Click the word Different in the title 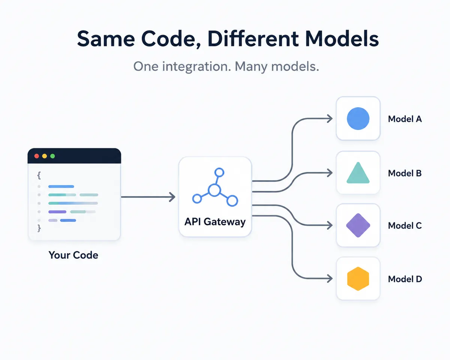(253, 39)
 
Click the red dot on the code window (37, 156)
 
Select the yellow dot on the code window (45, 156)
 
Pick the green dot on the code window (52, 156)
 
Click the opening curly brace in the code (39, 175)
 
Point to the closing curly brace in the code (39, 228)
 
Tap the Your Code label (73, 255)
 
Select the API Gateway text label (215, 222)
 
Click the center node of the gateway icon (214, 190)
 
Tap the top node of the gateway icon (219, 172)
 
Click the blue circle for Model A (358, 118)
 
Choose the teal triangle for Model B (358, 173)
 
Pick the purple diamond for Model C (358, 225)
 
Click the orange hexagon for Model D (358, 279)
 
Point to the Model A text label (405, 119)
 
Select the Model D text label (405, 279)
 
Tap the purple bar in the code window (57, 212)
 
